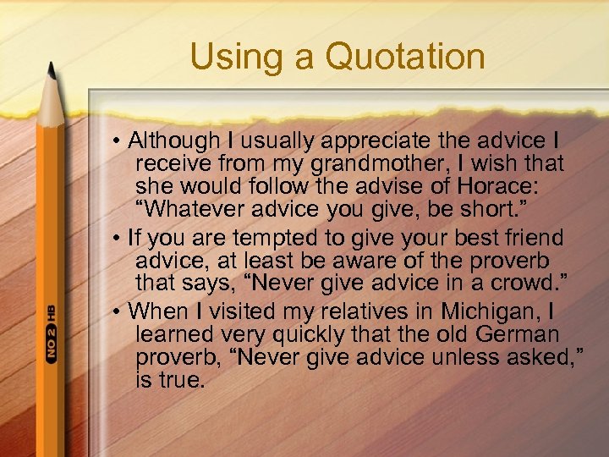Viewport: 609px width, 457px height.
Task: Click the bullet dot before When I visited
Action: click(123, 311)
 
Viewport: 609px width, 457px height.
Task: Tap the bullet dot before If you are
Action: click(123, 237)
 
